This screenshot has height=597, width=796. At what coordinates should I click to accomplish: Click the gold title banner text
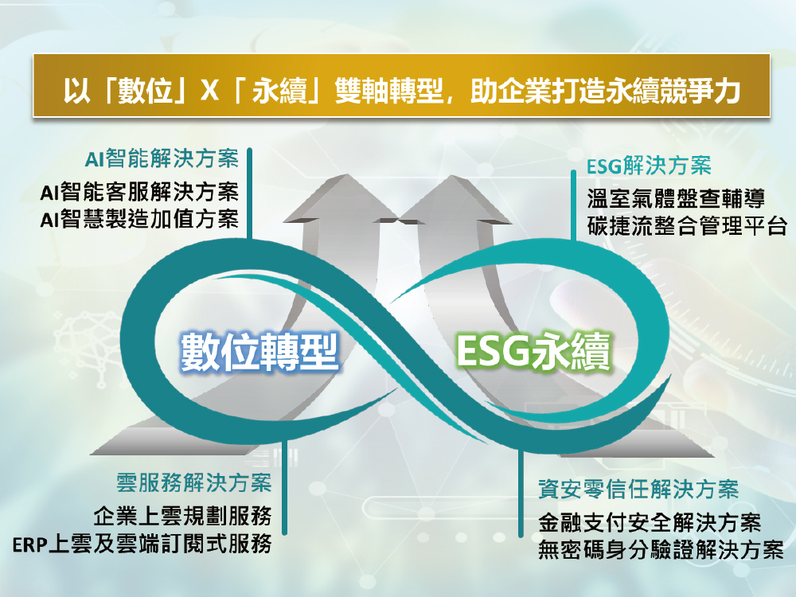401,91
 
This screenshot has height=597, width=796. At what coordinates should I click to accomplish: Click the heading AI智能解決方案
162,158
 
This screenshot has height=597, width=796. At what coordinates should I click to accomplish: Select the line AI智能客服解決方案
139,192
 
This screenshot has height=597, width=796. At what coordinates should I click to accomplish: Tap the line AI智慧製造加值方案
139,220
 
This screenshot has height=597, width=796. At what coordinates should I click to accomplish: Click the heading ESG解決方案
649,166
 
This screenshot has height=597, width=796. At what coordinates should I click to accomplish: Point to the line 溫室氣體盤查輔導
676,198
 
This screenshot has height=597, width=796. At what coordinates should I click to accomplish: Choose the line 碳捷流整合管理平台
688,225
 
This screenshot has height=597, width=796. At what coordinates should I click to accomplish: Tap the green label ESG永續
534,351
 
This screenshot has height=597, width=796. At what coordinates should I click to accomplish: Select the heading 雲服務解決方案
194,482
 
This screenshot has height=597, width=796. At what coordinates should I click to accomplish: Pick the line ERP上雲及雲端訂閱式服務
142,544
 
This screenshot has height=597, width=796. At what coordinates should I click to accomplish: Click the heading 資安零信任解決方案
638,490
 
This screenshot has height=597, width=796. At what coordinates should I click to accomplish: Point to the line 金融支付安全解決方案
650,522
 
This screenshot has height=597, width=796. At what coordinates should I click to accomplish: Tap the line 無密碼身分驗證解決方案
661,550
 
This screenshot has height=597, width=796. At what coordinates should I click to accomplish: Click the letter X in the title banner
209,92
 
